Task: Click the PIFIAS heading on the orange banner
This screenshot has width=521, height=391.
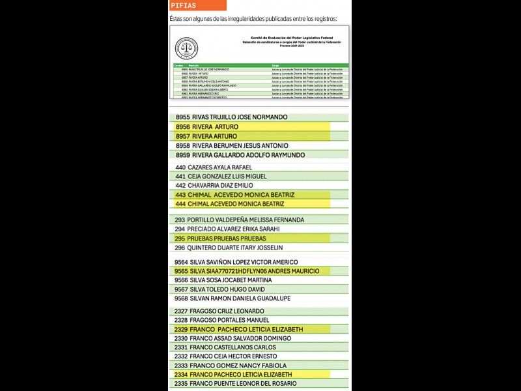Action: [184, 5]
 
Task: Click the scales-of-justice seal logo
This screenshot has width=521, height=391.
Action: [186, 48]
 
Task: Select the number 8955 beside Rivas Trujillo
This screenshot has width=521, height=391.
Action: [182, 117]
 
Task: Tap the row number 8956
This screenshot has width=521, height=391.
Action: [182, 126]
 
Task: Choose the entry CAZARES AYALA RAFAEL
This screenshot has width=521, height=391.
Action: [219, 167]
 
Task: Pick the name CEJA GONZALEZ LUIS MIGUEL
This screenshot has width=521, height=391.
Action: [227, 177]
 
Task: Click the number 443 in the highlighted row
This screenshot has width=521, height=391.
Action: [180, 195]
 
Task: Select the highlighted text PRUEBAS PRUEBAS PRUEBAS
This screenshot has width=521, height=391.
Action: [227, 239]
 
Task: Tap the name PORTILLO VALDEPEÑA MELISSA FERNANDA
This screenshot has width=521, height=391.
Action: [246, 220]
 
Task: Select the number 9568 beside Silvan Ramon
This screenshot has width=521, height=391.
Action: [182, 298]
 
